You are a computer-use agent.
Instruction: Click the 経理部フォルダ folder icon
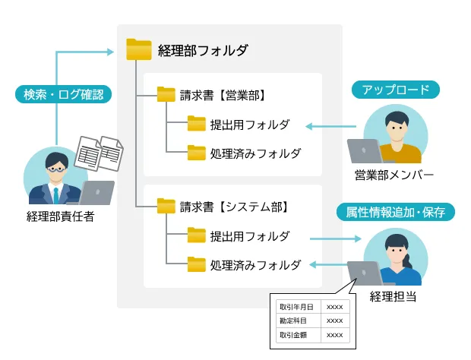(138, 50)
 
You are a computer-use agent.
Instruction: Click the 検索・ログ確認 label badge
(63, 95)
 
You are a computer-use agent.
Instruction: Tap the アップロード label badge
(395, 90)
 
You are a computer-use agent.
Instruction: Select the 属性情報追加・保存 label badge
(395, 211)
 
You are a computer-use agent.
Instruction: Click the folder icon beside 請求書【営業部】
(166, 95)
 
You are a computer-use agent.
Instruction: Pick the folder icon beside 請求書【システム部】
(166, 206)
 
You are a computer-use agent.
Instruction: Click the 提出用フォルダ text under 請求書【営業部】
(250, 125)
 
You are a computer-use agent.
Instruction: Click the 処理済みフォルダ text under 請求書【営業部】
(255, 153)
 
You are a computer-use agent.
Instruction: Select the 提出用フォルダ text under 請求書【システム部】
(250, 235)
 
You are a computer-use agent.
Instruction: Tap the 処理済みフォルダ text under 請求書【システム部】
(255, 265)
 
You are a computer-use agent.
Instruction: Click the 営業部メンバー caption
(394, 175)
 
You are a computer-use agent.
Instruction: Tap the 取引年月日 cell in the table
(298, 307)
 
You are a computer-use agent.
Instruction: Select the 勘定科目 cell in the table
(298, 321)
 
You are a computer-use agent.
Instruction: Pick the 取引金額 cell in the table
(298, 334)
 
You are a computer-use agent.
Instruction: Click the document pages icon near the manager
(100, 153)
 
